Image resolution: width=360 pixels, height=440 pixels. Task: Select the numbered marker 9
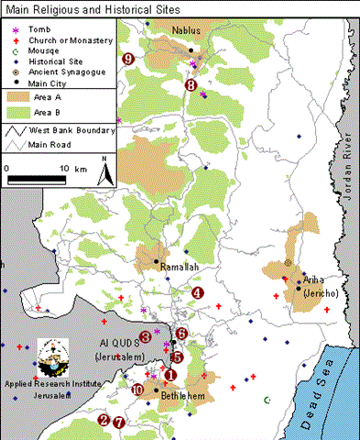tap(127, 59)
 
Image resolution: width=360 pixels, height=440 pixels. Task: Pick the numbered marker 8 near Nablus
tap(191, 85)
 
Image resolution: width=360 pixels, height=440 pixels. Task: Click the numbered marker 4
tap(198, 293)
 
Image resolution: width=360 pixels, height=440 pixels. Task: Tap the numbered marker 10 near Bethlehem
tap(137, 389)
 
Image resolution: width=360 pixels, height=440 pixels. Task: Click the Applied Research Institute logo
tap(53, 358)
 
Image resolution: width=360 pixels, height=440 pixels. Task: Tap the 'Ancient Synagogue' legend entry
tap(66, 71)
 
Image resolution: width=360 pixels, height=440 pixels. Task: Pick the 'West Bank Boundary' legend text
tap(71, 130)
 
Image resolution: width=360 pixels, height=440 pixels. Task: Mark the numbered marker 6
tap(181, 334)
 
